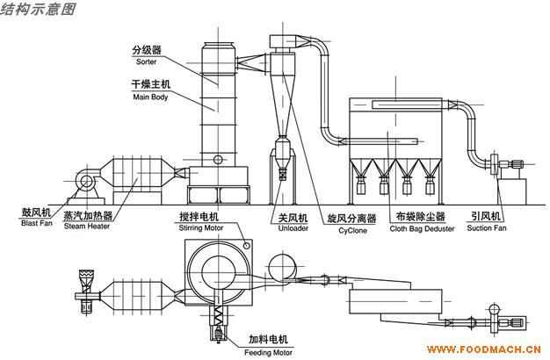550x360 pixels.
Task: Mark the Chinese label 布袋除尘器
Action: tap(418, 217)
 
